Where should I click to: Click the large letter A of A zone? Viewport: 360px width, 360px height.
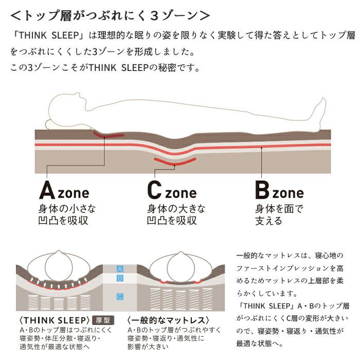[47, 190]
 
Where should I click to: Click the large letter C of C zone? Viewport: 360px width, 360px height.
[154, 190]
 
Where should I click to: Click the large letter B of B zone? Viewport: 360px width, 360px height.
[262, 190]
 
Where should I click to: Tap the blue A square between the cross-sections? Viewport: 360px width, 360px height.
[120, 268]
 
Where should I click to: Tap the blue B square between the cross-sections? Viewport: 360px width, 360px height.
[120, 278]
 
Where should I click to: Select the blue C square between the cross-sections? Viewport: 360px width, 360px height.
[120, 297]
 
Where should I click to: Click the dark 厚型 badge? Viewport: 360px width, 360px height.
[103, 320]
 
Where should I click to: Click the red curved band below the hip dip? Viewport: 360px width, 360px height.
[175, 161]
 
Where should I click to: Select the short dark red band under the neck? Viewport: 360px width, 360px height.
[108, 135]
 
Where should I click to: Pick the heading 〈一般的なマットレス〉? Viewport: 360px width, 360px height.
[168, 320]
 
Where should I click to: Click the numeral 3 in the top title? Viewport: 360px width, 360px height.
[154, 16]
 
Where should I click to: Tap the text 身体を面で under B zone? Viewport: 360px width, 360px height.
[279, 209]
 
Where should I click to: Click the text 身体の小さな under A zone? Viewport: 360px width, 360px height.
[67, 209]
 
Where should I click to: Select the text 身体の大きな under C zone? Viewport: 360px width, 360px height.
[176, 209]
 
